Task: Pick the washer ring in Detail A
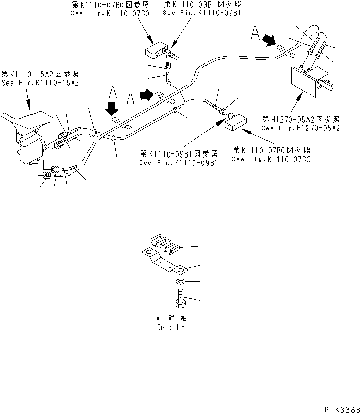click(x=181, y=281)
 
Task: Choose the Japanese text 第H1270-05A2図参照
click(x=301, y=120)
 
